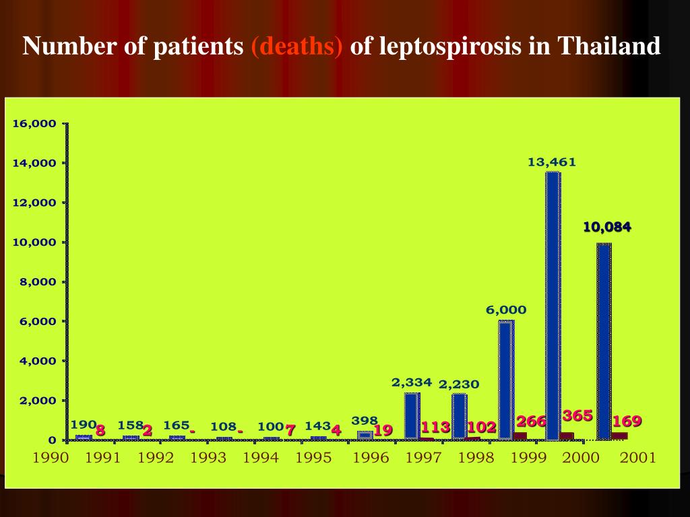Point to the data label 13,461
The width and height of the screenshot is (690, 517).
point(552,162)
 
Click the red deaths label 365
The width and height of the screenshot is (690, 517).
point(577,416)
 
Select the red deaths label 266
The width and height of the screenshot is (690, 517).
point(531,422)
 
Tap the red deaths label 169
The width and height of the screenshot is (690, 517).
point(627,422)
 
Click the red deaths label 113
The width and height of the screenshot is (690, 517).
point(435,427)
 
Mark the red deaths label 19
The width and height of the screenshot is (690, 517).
point(383,430)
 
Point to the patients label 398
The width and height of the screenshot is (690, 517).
point(365,421)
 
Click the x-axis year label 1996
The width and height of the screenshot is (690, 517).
point(371,458)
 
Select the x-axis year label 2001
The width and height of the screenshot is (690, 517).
point(637,458)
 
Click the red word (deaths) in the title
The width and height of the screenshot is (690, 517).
point(297,46)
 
